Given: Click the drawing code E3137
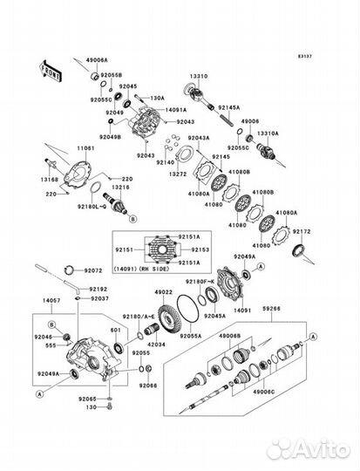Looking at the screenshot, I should pos(328,55).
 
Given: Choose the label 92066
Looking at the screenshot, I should pos(149,385).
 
